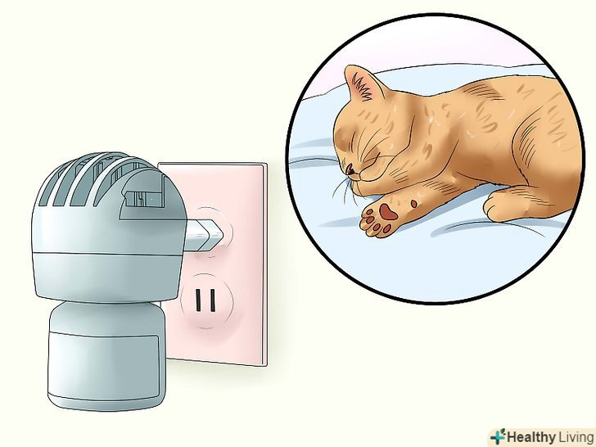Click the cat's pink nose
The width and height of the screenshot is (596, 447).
[350, 169]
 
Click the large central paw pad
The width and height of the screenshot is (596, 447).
[388, 212]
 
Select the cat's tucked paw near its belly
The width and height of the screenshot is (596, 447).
[502, 203]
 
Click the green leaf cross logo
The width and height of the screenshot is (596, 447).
[498, 436]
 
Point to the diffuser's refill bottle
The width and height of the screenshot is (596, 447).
[107, 355]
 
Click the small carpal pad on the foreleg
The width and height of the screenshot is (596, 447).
[413, 204]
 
